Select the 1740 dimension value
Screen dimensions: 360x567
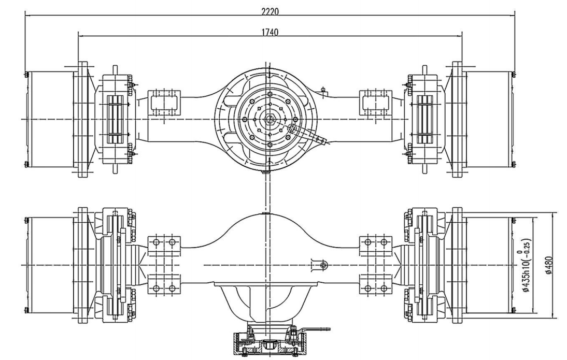270,32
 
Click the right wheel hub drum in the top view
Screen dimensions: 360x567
490,119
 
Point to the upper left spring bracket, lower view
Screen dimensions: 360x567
164,243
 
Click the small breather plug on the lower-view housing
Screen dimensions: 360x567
323,265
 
